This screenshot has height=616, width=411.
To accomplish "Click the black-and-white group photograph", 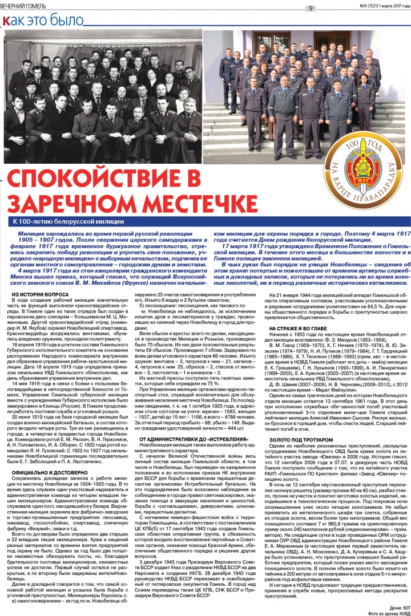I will pyautogui.click(x=103, y=97).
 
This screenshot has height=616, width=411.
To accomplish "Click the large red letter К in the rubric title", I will pyautogui.click(x=7, y=21).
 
